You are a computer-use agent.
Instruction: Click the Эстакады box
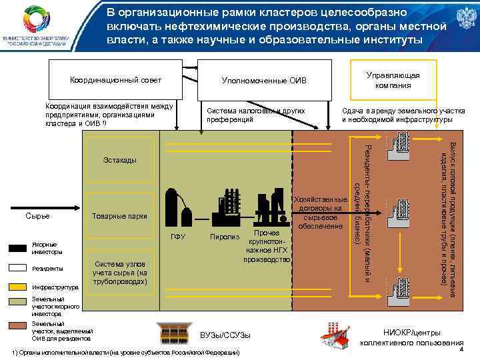120,161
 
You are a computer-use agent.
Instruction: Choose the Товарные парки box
120,216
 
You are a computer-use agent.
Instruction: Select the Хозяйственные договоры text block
321,213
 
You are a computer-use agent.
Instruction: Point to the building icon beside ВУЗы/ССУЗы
172,332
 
